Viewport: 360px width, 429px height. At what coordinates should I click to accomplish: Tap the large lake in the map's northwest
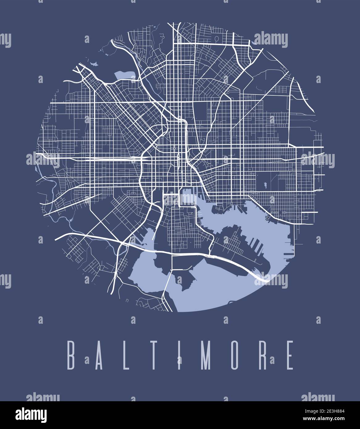pos(124,75)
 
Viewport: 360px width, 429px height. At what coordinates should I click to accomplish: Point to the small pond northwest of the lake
pos(94,64)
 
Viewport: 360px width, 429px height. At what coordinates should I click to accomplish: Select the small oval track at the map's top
pos(217,38)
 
